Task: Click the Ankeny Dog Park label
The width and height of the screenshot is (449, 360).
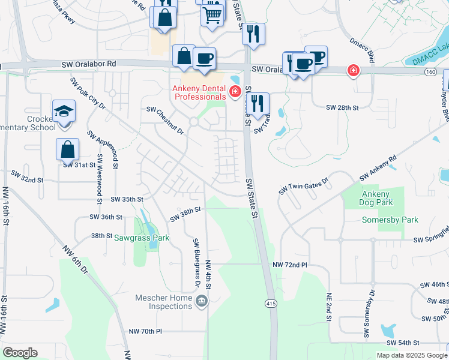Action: point(375,198)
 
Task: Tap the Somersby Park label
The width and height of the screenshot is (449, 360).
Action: point(390,220)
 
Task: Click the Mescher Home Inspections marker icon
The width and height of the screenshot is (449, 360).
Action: point(202,300)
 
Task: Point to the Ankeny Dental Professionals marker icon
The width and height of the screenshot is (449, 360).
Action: point(235,92)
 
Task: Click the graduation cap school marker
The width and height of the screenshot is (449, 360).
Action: point(63,112)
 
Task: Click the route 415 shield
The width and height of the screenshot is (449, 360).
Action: point(271,304)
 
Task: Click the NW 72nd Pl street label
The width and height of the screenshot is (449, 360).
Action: point(289,265)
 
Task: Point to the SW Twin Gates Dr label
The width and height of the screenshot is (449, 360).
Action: point(304,185)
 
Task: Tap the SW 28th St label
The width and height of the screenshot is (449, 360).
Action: point(342,107)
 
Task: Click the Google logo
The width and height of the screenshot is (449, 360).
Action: point(20,353)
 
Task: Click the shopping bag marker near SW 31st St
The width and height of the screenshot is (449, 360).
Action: point(68,149)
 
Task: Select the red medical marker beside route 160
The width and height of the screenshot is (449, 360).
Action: point(354,71)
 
